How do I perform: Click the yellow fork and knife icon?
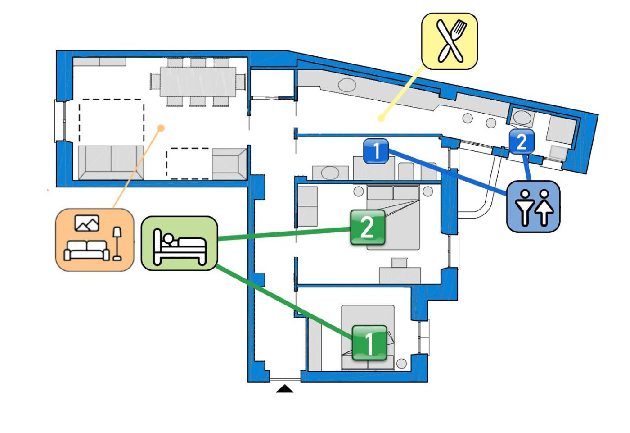449,41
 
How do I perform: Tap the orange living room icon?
94,240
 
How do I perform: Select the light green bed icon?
179,243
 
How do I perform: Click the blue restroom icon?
533,207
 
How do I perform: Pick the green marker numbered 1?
369,343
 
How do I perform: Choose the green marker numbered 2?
367,228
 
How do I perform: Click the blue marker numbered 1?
376,150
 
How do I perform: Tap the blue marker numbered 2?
522,142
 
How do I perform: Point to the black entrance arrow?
284,389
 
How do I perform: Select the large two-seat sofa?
111,162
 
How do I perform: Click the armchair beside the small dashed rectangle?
229,164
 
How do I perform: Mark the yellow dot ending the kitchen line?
381,119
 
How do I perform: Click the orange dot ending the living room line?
161,128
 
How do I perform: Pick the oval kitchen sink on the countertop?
347,84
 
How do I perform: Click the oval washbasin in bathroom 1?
330,173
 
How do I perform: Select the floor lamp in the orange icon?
117,244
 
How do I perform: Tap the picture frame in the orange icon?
87,223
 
